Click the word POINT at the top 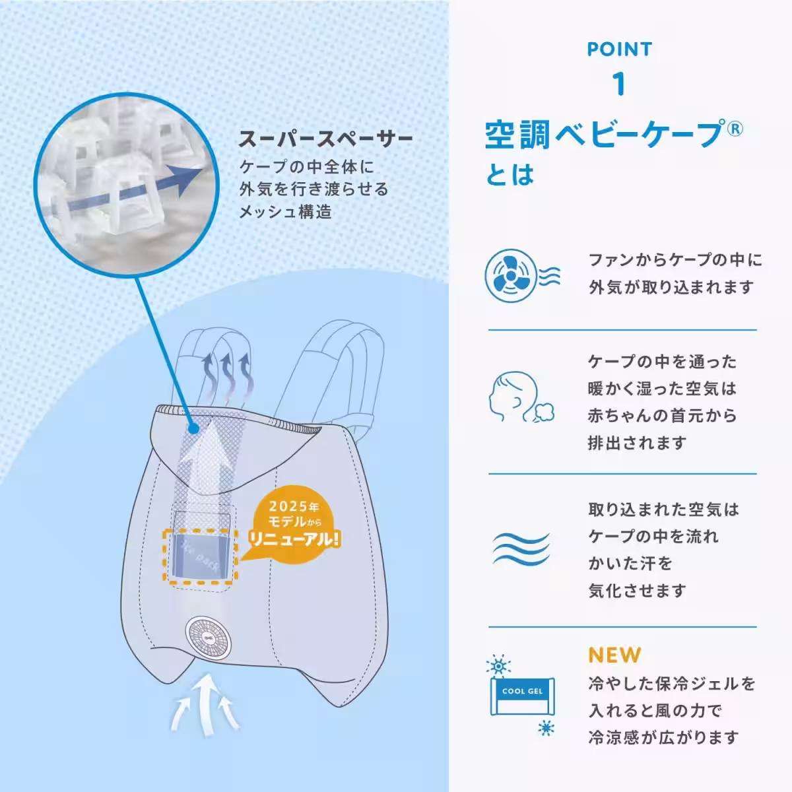tap(619, 49)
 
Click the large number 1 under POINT tap(619, 84)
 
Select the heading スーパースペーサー tap(325, 139)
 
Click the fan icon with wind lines tap(522, 275)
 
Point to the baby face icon tap(521, 396)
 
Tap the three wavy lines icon tap(521, 549)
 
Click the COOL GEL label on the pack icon tap(522, 691)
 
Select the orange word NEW tap(614, 655)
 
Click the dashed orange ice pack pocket tap(200, 556)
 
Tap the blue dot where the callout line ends tap(193, 429)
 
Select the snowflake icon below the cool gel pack tap(546, 728)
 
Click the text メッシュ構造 tap(286, 212)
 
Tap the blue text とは tap(510, 174)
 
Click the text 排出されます tap(637, 443)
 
